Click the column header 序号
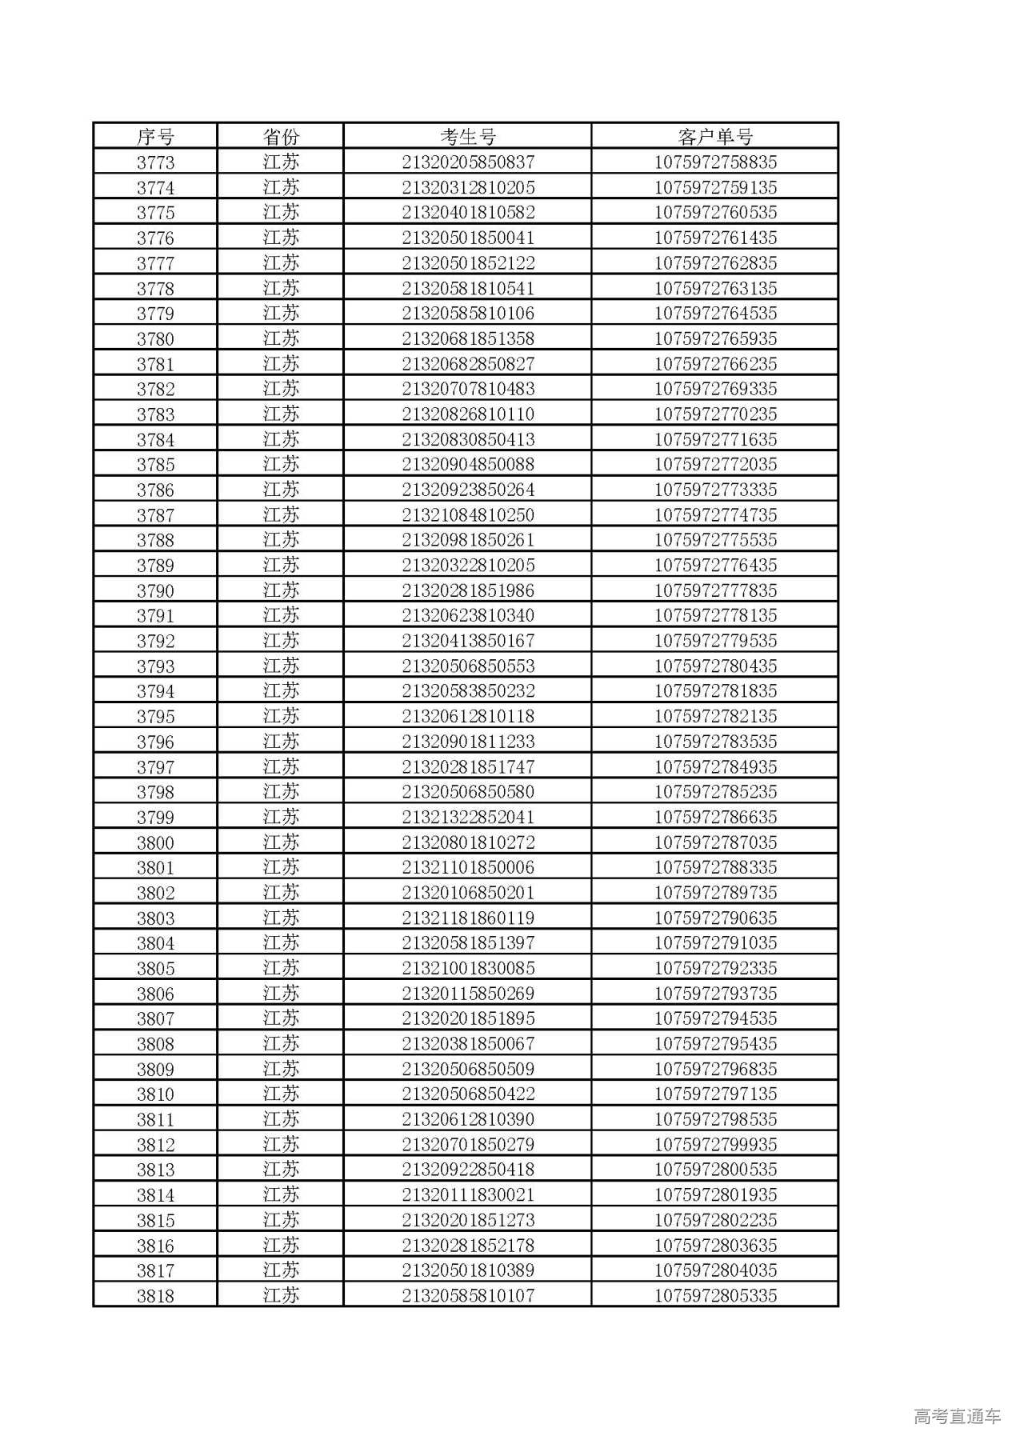[155, 137]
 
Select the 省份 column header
[281, 137]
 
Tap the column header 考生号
[468, 137]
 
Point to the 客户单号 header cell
[715, 137]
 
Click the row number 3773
[155, 162]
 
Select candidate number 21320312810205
[468, 188]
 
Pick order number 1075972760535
[715, 213]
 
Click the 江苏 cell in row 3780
[281, 338]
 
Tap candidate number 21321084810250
[468, 515]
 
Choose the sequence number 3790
[155, 590]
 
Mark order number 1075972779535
[715, 641]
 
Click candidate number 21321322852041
[468, 817]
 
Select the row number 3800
[155, 842]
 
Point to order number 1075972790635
[715, 918]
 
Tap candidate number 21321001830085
[468, 968]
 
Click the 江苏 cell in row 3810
[281, 1094]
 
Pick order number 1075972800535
[715, 1170]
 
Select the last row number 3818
[155, 1295]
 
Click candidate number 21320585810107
[468, 1295]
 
